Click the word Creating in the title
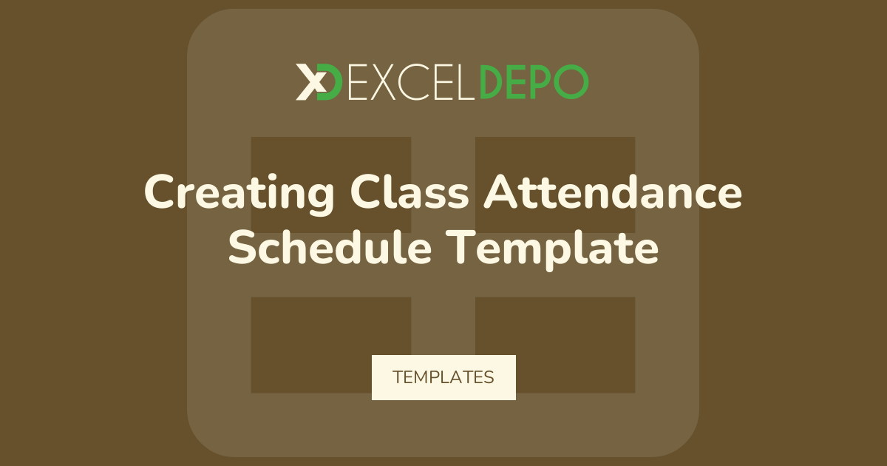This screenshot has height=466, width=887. point(239,194)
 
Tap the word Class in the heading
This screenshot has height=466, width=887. point(409,192)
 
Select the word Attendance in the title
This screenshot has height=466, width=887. point(613,192)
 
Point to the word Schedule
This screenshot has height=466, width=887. point(330,247)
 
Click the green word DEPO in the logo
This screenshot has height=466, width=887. point(534,82)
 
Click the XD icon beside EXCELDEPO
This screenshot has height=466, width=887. point(319,82)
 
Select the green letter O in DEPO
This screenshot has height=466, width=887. point(571,82)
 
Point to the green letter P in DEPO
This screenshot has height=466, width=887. point(540,82)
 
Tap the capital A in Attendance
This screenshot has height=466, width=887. point(500,192)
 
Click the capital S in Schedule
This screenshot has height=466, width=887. point(242,247)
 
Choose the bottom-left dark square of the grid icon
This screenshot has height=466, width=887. point(331,345)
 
